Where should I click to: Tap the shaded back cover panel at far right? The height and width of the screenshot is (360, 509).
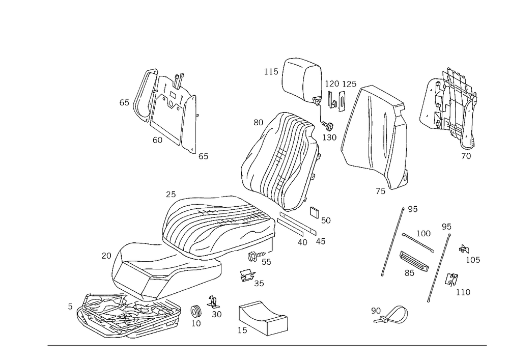[x=449, y=104]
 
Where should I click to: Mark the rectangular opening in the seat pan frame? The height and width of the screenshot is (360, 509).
[x=133, y=278]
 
